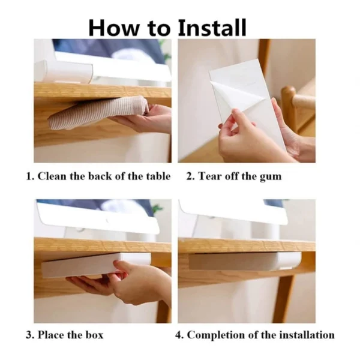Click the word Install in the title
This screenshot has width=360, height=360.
pos(212,28)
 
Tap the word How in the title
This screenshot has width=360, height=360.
pos(114,28)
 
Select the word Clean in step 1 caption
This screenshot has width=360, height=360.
pos(52,176)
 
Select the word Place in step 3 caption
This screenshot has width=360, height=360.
pos(51,335)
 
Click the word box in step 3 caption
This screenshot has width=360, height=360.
pos(95,335)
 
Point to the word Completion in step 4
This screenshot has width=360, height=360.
pos(216,335)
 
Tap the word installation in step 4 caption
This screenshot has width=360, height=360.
pos(307,335)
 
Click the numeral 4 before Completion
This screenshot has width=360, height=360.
pos(178,335)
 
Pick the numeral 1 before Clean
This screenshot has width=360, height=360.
pos(29,176)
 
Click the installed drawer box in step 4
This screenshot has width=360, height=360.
pos(245,261)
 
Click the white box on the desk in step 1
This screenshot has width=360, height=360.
pos(64,71)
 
